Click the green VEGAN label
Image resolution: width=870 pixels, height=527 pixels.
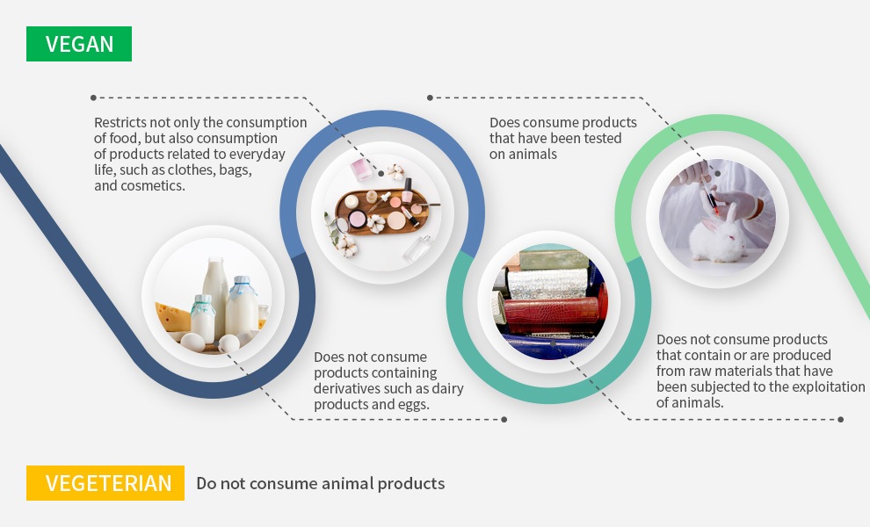(79, 44)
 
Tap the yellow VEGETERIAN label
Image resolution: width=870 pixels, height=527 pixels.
(105, 483)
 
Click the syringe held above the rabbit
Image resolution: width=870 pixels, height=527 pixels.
(708, 195)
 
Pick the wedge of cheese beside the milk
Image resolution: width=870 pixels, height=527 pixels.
(173, 317)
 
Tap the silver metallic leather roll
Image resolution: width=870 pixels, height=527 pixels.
(547, 284)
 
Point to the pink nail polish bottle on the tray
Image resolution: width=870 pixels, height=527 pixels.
(406, 190)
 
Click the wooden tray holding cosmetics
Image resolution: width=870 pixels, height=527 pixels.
(382, 212)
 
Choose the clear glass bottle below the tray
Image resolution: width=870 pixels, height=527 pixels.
(417, 249)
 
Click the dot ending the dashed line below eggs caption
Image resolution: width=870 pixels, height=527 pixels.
(504, 419)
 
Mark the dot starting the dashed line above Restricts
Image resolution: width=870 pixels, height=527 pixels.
(93, 97)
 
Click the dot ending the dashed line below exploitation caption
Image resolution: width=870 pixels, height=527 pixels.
(841, 419)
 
